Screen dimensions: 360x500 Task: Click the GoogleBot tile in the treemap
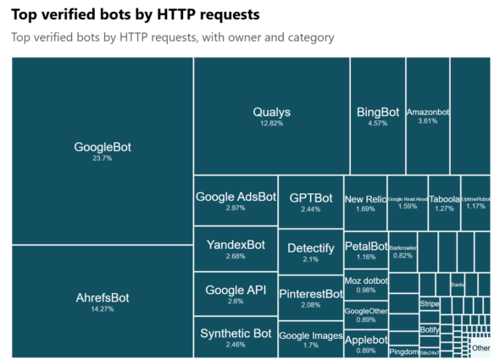pos(102,151)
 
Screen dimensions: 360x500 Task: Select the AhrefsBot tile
pos(102,302)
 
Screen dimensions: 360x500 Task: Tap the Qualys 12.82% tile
pos(271,116)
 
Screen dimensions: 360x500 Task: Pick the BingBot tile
pos(377,116)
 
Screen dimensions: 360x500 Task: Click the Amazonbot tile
pos(427,116)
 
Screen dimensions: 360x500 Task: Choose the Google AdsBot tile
pos(236,201)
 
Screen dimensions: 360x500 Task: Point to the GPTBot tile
pos(310,202)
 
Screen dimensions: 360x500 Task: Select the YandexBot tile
pos(236,249)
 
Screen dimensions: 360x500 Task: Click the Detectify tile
pos(310,252)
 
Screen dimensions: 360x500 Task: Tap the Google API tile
pos(236,294)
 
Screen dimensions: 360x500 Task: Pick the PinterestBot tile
pos(310,298)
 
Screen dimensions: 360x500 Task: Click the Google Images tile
pos(310,340)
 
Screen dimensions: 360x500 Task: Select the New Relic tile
pos(365,203)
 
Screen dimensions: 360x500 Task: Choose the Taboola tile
pos(444,203)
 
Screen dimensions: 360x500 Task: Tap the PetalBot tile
pos(365,251)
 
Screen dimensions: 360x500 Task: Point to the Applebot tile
pos(365,342)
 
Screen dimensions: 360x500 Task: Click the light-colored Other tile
pos(481,347)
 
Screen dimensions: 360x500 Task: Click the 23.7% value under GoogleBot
pos(102,158)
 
